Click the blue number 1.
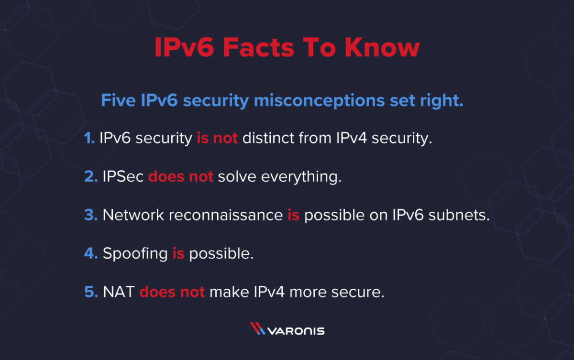(x=89, y=139)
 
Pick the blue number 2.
(x=90, y=177)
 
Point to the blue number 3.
(x=90, y=215)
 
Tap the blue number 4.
(x=90, y=253)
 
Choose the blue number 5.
(x=90, y=292)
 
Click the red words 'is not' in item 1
(x=217, y=139)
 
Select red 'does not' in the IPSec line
(x=181, y=177)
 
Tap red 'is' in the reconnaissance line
(x=293, y=215)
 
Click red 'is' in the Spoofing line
(x=178, y=253)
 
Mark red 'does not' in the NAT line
(x=172, y=292)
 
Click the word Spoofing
(x=135, y=254)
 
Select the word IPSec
(x=123, y=177)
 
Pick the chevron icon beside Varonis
(x=257, y=329)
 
